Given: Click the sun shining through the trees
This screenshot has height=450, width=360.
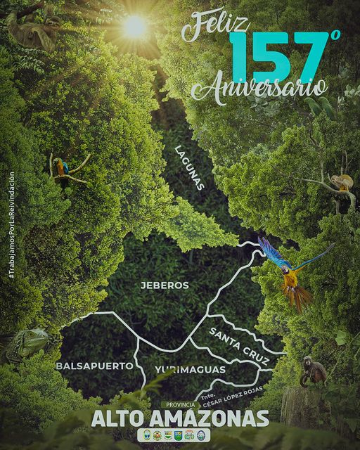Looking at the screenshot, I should [x=134, y=27].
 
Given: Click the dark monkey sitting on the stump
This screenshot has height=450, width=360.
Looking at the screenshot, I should [x=312, y=371].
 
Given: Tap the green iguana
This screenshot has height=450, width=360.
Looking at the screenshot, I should [x=25, y=345].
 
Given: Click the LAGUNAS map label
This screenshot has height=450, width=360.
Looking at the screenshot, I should [x=189, y=167].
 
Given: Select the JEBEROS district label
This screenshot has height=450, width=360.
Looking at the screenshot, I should [x=165, y=285].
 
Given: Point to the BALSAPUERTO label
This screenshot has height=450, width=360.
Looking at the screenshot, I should [x=94, y=366].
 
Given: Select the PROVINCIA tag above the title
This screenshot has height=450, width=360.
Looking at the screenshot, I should [x=180, y=405].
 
